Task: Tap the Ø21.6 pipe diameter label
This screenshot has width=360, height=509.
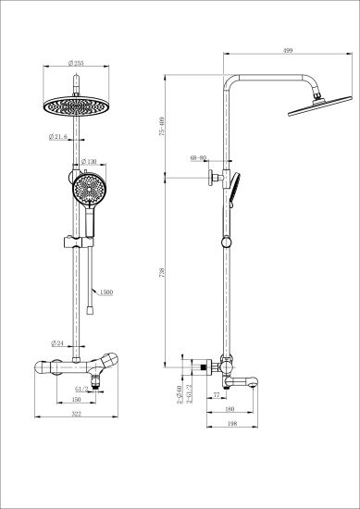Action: coord(60,137)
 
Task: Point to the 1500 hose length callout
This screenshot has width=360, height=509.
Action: coord(106,292)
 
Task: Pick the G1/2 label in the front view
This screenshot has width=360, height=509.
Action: coord(81,389)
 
